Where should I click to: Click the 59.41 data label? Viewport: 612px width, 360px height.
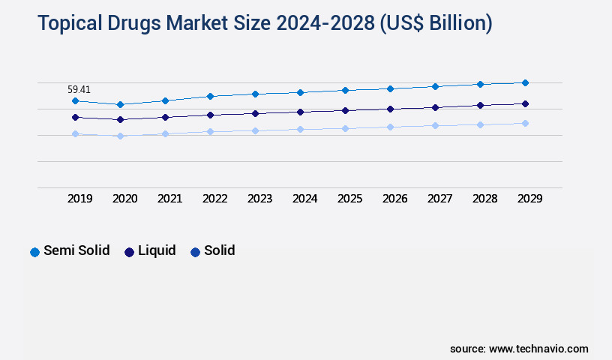79,89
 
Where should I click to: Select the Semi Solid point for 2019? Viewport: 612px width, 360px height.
75,100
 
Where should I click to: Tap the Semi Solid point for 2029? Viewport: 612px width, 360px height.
525,82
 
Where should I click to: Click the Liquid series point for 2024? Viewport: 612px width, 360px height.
300,112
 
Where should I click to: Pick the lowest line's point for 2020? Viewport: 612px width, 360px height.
120,136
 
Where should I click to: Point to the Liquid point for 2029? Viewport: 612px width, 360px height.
525,103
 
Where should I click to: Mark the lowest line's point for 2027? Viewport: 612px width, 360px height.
435,125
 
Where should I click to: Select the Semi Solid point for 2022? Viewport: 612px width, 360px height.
210,96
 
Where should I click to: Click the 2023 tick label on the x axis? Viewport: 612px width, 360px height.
259,199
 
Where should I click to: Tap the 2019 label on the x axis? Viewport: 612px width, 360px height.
79,199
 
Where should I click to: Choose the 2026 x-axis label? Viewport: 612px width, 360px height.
394,199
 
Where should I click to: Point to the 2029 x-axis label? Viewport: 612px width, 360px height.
529,199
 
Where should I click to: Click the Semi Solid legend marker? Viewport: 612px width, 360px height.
34,252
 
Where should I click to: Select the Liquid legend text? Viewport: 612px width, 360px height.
157,250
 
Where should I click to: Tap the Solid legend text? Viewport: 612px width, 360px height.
219,250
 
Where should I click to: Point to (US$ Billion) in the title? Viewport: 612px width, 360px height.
436,24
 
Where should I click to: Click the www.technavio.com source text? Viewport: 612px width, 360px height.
538,349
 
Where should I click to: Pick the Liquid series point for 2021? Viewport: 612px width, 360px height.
165,117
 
